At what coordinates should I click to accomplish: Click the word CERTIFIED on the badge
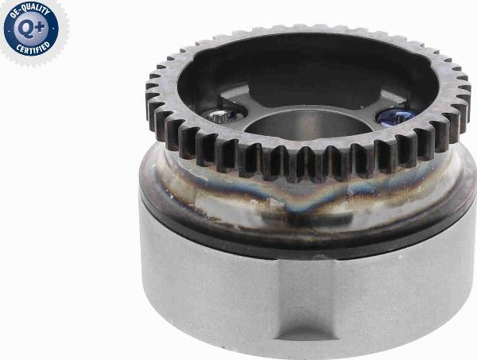[33, 47]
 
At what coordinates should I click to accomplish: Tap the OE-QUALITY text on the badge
[30, 12]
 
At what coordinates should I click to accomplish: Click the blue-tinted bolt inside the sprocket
[394, 116]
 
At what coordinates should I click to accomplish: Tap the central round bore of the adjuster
[307, 125]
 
